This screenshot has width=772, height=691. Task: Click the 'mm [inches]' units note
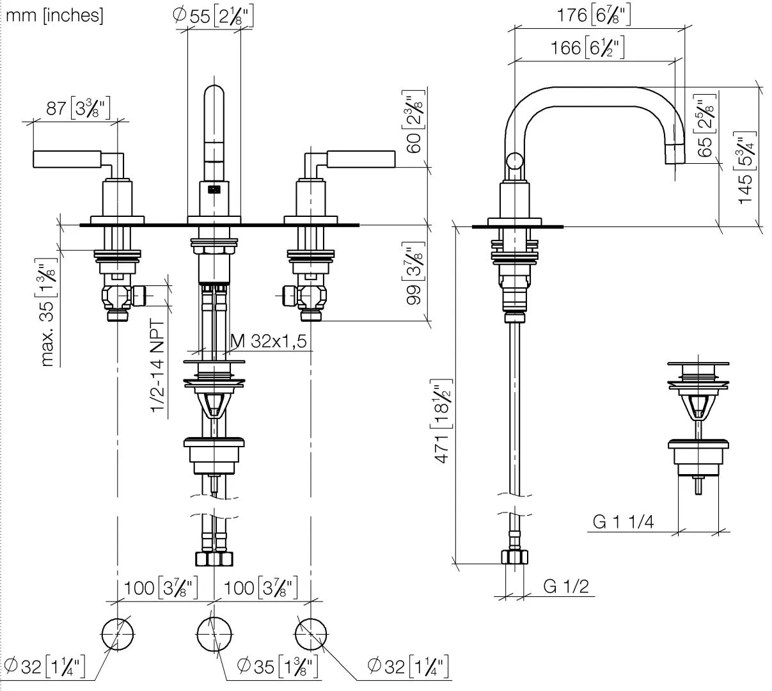[x=54, y=15]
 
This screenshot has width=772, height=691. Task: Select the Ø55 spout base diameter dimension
[x=213, y=16]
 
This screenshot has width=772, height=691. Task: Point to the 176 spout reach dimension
[x=594, y=15]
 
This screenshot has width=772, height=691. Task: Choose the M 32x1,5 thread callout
[x=269, y=342]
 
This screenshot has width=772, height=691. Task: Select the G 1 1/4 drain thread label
[x=623, y=521]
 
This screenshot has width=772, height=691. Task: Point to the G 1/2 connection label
[x=566, y=586]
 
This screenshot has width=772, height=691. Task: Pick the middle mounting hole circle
[x=213, y=635]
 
